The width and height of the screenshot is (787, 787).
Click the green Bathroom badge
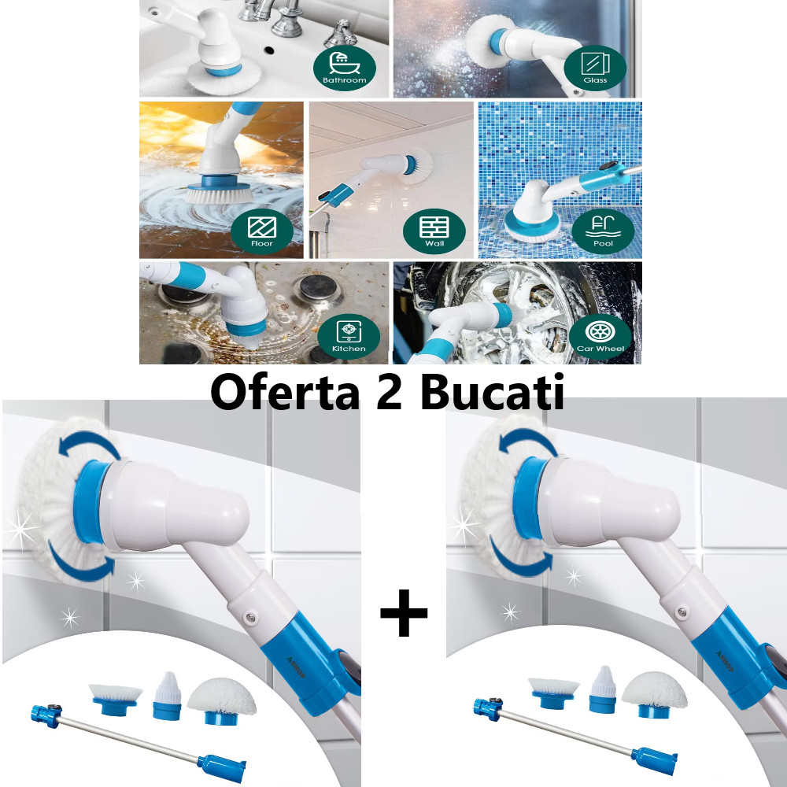[x=345, y=68]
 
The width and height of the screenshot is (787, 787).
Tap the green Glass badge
[x=595, y=68]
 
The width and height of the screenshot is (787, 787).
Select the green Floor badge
[x=262, y=231]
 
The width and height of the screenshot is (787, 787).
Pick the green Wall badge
[x=434, y=231]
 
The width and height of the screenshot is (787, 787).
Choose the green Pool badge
[x=603, y=231]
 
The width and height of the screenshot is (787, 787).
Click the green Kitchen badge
[x=349, y=336]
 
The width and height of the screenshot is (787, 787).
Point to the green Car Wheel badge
[x=600, y=336]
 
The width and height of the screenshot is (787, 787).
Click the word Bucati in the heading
[x=492, y=391]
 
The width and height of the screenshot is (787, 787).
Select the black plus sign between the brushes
[x=404, y=613]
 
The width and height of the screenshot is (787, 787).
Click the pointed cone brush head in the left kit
[x=167, y=696]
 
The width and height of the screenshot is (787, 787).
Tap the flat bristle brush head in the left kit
[x=116, y=699]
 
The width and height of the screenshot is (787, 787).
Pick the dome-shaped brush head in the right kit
[x=655, y=695]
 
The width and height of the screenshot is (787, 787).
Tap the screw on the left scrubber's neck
[x=249, y=617]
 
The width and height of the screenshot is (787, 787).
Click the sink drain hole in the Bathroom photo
[x=269, y=50]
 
